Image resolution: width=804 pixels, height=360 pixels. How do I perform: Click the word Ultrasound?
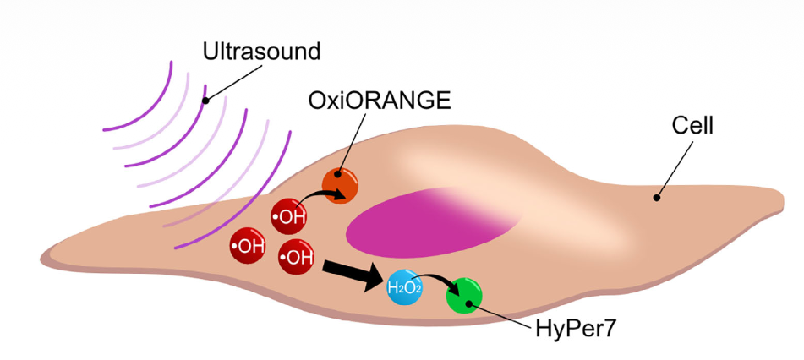(262, 52)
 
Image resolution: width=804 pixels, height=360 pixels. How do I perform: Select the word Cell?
(692, 127)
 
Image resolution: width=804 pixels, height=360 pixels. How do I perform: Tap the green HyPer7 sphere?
(464, 296)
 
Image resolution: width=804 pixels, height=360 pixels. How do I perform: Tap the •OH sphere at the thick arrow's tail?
(297, 257)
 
